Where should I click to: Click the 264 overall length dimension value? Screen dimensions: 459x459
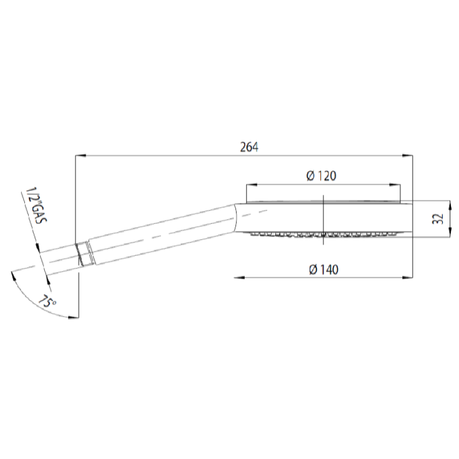[x=249, y=147]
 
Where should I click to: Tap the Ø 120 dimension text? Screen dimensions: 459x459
[x=322, y=176]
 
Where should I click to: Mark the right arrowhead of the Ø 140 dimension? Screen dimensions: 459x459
[x=409, y=277]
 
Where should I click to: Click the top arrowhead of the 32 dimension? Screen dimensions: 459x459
[x=448, y=204]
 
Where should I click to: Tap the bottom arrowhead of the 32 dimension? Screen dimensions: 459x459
[x=448, y=234]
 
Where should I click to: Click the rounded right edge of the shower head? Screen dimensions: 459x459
[x=409, y=218]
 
